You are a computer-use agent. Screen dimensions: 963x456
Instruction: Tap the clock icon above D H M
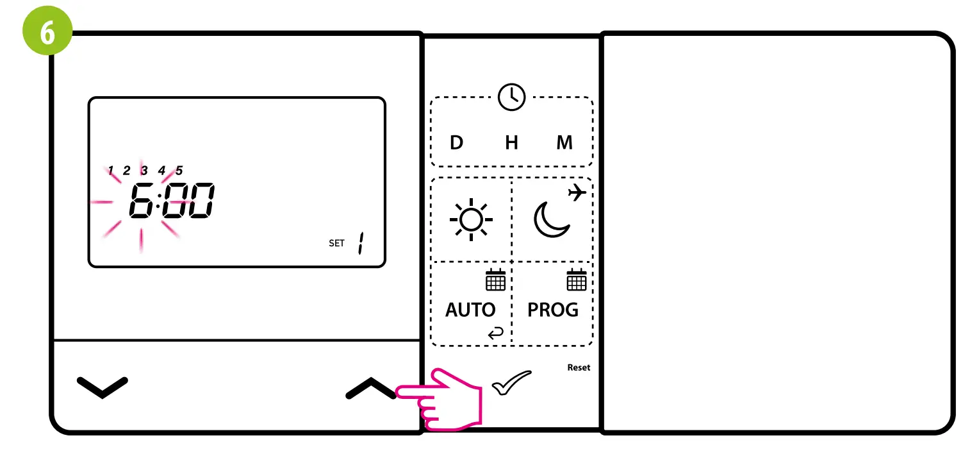tap(511, 97)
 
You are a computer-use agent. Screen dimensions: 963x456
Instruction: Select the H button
tap(511, 142)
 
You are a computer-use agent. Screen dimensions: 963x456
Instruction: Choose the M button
tap(564, 142)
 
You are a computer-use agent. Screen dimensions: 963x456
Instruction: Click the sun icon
tap(471, 221)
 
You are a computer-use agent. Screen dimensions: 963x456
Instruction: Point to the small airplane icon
tap(577, 192)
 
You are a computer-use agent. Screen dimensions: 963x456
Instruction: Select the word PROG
tap(552, 310)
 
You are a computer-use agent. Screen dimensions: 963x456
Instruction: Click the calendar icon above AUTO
tap(495, 280)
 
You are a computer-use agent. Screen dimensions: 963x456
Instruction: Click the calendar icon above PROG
tap(577, 280)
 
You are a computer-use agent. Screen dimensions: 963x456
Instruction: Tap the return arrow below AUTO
tap(495, 332)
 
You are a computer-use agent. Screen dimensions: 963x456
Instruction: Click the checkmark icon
tap(511, 382)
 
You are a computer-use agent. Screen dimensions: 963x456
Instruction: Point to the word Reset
tap(579, 367)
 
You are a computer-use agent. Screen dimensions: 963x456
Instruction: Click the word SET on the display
tap(336, 243)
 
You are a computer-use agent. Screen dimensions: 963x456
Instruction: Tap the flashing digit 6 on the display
tap(141, 201)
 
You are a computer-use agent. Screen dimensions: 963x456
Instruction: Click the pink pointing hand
tap(442, 399)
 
